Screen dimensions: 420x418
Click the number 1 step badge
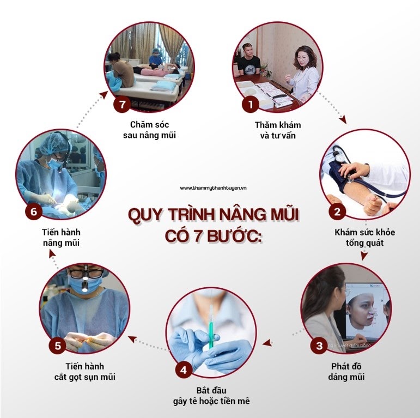coord(251,104)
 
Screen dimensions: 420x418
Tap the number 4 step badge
coord(184,370)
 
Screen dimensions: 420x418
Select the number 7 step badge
coord(122,104)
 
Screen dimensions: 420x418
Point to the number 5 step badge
coord(58,346)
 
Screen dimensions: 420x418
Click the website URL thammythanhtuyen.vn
coord(213,188)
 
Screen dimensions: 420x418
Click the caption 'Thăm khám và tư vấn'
coord(278,130)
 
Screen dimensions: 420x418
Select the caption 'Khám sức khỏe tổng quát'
coord(364,238)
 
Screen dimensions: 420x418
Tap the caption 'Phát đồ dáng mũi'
coord(346,371)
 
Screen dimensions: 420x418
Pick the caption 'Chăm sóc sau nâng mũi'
coord(149,130)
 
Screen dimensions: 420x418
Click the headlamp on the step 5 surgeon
coord(84,286)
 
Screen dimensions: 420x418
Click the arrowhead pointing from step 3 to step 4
coord(267,342)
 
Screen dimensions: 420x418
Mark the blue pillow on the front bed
coord(163,86)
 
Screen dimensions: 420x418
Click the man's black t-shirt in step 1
coord(248,65)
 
